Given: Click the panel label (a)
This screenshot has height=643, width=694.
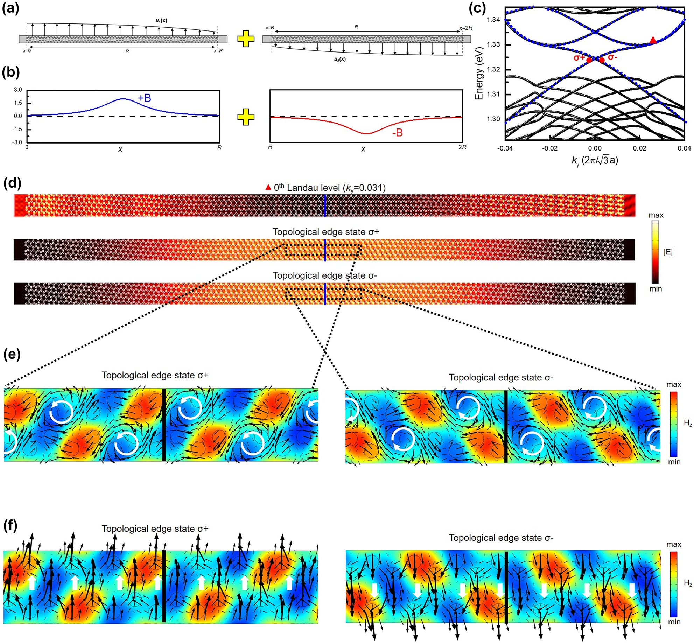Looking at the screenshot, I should [10, 9].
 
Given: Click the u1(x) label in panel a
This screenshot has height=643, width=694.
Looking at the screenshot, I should [161, 21].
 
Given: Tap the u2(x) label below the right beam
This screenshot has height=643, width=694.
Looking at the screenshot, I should [340, 59].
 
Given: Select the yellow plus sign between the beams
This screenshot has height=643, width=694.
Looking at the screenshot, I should [246, 39].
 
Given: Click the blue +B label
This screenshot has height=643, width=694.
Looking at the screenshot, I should [145, 98].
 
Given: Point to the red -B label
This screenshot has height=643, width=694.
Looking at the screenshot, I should [397, 133].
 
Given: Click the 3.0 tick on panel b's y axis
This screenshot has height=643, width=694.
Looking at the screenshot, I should [18, 90].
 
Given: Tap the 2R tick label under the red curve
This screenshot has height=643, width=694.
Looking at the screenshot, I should [462, 147].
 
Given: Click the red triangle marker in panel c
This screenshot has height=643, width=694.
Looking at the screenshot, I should [652, 40].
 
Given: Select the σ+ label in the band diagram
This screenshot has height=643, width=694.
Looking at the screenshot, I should [579, 57].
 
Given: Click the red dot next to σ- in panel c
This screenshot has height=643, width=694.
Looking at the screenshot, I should [602, 60].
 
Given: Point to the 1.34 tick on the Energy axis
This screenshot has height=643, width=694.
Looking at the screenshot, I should [493, 20].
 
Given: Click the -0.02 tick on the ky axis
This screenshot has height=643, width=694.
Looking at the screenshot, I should [549, 148].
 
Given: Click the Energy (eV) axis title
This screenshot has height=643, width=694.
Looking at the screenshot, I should [479, 74].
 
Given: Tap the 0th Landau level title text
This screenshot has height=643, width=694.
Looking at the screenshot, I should [329, 188].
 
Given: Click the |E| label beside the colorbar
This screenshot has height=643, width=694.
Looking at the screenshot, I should [668, 252].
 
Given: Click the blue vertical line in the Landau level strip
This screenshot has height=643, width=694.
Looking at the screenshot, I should [325, 205].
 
